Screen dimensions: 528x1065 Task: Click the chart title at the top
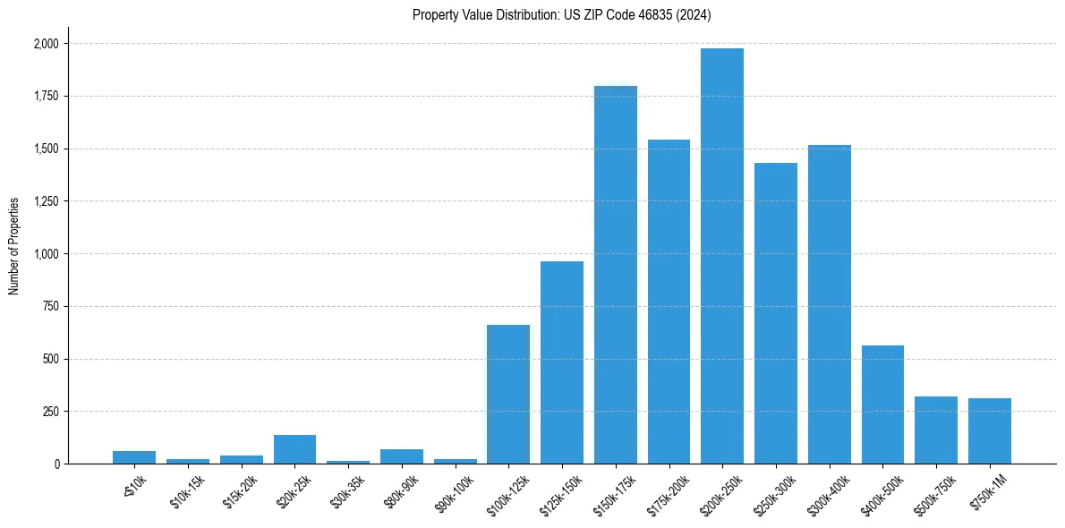pyautogui.click(x=561, y=15)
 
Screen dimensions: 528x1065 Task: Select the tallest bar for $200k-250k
pyautogui.click(x=722, y=256)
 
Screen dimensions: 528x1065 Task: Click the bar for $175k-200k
pyautogui.click(x=669, y=302)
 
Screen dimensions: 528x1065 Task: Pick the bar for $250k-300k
pyautogui.click(x=776, y=313)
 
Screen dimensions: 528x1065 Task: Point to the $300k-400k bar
pyautogui.click(x=830, y=304)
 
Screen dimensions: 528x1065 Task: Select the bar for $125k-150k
pyautogui.click(x=562, y=362)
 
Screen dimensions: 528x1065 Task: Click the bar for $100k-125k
pyautogui.click(x=508, y=395)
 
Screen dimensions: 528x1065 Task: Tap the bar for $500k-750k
pyautogui.click(x=936, y=430)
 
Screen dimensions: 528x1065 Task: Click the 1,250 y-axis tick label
pyautogui.click(x=45, y=201)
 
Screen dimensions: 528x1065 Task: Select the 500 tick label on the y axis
pyautogui.click(x=50, y=359)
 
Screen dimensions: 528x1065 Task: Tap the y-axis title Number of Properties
pyautogui.click(x=14, y=246)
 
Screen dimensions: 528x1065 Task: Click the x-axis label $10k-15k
pyautogui.click(x=190, y=490)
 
